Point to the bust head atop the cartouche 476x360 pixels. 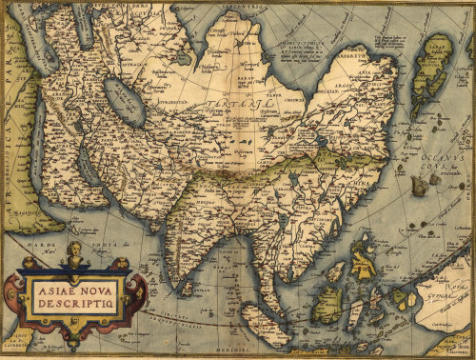74,251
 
